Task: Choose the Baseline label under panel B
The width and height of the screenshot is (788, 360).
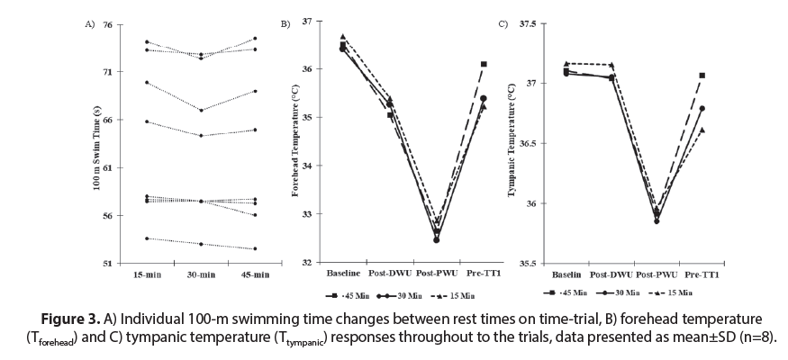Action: [343, 274]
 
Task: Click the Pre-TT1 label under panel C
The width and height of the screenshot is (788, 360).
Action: [702, 274]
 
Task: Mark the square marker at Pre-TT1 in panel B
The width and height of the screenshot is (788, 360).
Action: [484, 64]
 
